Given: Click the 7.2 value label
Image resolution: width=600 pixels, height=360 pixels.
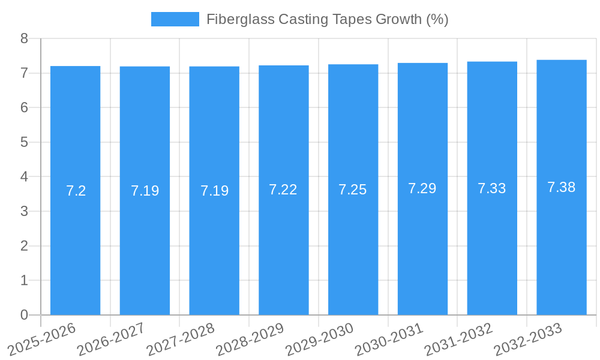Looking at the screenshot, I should pyautogui.click(x=76, y=191).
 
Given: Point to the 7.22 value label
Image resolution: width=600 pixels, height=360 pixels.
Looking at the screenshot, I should pyautogui.click(x=283, y=190).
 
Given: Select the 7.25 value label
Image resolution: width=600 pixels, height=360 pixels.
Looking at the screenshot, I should pyautogui.click(x=353, y=190).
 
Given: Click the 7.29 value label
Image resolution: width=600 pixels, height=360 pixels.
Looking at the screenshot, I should pyautogui.click(x=422, y=188).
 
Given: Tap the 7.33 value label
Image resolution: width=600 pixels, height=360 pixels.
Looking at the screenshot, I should pyautogui.click(x=492, y=188).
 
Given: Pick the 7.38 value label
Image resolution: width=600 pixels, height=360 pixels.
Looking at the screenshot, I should pyautogui.click(x=561, y=187).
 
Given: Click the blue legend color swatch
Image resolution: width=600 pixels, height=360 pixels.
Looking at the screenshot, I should pyautogui.click(x=175, y=19).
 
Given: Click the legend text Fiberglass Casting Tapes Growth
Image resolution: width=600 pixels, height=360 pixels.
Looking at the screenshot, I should pyautogui.click(x=327, y=19).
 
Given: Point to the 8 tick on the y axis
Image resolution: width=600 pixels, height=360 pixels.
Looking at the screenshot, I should pyautogui.click(x=24, y=38).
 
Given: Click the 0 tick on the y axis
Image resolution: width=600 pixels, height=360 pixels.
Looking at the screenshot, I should pyautogui.click(x=24, y=315).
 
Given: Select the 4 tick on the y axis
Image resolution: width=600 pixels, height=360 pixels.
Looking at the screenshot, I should pyautogui.click(x=24, y=177).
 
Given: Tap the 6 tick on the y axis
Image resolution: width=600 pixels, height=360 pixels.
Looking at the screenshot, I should pyautogui.click(x=24, y=107).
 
